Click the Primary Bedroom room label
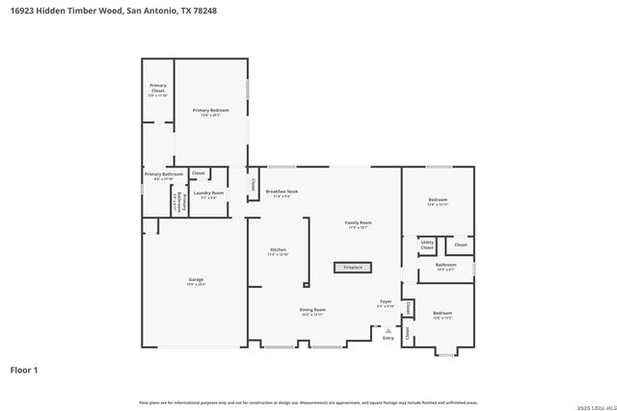pos(207,112)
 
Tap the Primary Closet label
pos(158,90)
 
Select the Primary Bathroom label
pos(158,175)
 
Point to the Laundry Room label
pos(208,194)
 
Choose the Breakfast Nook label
pos(282,193)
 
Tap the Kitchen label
pos(278,252)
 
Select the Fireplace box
pos(353,267)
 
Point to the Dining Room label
pos(313,311)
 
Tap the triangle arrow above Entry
pos(388,329)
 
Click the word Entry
pos(389,338)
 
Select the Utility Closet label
pos(427,245)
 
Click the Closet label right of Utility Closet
pos(461,244)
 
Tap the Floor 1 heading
pos(24,369)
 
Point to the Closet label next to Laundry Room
pos(199,173)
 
